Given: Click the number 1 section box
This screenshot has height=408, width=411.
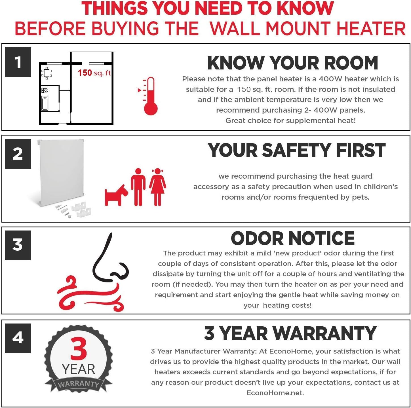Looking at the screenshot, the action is tap(18, 62).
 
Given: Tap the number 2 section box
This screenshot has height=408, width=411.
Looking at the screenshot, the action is tap(18, 154).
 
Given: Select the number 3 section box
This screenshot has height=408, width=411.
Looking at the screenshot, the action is tap(18, 245).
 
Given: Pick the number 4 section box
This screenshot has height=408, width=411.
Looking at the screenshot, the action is tap(18, 338).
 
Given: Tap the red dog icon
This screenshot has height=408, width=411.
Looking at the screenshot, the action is tap(116, 195).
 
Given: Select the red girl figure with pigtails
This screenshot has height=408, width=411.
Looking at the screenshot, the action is tap(158, 187).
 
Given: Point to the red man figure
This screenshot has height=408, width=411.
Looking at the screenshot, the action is tap(138, 187).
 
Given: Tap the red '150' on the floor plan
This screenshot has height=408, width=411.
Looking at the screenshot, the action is tap(85, 73).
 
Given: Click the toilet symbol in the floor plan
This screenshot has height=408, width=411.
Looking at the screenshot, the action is tap(45, 90).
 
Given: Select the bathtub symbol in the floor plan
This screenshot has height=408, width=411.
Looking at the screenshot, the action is tap(45, 103).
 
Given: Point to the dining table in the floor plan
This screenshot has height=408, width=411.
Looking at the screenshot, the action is tap(47, 73).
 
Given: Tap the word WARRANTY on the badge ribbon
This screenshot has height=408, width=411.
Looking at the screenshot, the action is tap(79, 384).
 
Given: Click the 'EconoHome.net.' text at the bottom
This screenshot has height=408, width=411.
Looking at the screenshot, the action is tap(275, 393).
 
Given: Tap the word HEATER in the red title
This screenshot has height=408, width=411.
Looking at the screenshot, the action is tap(371, 29).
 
